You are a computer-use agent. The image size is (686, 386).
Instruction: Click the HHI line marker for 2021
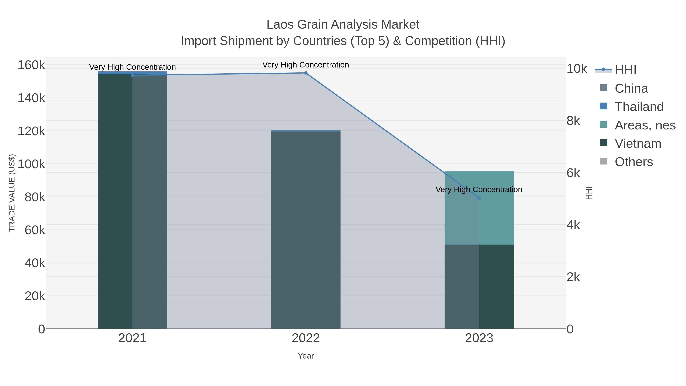[132, 75]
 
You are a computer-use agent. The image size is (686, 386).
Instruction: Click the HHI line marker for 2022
[306, 73]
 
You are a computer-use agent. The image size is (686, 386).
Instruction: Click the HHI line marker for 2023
[479, 198]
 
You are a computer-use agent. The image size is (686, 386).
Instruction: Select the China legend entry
[631, 88]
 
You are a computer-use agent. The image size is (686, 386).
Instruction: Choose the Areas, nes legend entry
[645, 125]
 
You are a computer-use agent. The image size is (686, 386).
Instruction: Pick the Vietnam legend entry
[638, 144]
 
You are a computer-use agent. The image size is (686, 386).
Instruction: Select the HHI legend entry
[625, 70]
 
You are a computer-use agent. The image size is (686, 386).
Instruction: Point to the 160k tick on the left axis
[31, 65]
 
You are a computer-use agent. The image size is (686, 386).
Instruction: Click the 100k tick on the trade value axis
[31, 164]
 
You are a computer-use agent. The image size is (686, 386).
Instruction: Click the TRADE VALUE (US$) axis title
[12, 193]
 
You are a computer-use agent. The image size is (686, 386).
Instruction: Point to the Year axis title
[306, 356]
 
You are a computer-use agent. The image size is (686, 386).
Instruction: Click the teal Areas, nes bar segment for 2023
[496, 208]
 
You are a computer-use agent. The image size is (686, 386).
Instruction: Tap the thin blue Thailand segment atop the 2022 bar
[306, 131]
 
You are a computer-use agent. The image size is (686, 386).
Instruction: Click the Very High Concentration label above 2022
[306, 65]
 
